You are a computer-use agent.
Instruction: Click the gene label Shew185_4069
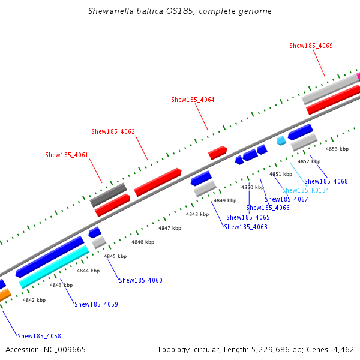[311, 46]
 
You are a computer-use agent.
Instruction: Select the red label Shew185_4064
[193, 100]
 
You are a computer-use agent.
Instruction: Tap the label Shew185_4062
[113, 131]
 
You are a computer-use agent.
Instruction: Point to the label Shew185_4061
[67, 155]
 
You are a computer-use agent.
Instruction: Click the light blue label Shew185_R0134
[305, 190]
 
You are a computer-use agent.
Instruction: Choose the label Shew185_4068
[326, 181]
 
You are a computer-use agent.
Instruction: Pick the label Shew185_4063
[245, 227]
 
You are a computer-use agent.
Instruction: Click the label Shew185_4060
[140, 280]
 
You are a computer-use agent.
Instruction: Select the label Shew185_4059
[96, 304]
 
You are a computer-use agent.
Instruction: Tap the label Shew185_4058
[39, 336]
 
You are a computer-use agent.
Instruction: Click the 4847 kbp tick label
[170, 228]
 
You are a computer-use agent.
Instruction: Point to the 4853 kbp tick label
[337, 148]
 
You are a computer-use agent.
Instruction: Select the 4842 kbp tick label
[34, 300]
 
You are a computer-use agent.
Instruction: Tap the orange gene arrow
[4, 295]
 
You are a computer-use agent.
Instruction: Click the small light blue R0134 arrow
[281, 140]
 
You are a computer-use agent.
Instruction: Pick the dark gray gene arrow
[109, 196]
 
